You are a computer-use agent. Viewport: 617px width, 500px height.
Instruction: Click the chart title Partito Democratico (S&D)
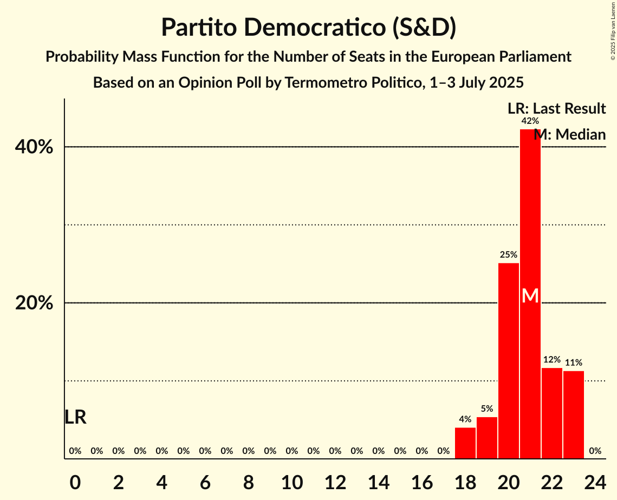(x=308, y=27)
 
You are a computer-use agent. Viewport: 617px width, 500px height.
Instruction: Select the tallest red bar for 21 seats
(x=530, y=227)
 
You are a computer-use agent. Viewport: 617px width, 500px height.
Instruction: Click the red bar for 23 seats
(x=574, y=415)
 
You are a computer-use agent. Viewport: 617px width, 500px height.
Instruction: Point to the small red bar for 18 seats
(x=465, y=443)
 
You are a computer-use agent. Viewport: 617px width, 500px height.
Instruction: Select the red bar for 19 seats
(x=487, y=438)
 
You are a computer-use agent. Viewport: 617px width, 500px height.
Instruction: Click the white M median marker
(x=530, y=296)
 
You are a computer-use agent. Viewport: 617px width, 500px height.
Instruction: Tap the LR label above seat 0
(x=75, y=417)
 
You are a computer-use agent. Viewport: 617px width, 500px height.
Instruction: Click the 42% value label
(x=530, y=121)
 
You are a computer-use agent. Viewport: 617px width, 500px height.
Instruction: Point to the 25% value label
(x=509, y=254)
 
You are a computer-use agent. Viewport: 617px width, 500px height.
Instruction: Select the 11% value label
(x=574, y=363)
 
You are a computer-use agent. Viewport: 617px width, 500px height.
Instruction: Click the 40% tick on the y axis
(x=34, y=147)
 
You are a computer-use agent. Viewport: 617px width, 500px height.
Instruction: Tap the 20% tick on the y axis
(x=34, y=303)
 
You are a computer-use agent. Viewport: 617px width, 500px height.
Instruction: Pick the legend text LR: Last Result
(x=556, y=108)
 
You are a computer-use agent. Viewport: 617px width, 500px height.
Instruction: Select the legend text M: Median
(x=569, y=134)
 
